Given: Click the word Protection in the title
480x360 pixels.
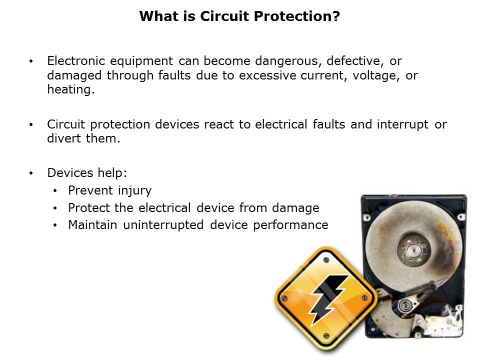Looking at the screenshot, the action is click(292, 16).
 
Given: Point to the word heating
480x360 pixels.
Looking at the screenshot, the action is click(70, 89).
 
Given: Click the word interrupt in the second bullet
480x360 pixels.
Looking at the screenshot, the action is click(402, 124).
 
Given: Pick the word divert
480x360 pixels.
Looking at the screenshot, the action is click(64, 138).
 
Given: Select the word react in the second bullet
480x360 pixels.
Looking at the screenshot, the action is click(219, 124).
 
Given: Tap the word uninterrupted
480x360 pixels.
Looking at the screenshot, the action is click(163, 225).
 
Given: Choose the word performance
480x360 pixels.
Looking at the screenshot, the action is click(290, 225).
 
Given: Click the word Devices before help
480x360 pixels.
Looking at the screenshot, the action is click(70, 173).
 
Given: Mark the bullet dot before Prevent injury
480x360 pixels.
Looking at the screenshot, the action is click(55, 191).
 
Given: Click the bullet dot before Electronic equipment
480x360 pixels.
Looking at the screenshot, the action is click(31, 61).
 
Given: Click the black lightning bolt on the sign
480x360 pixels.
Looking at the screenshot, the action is click(328, 299).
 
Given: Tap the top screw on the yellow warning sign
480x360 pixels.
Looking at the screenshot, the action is click(326, 260).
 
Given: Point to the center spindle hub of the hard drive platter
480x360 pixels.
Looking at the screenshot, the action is click(413, 250).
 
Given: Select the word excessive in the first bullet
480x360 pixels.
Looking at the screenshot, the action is click(267, 75).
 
